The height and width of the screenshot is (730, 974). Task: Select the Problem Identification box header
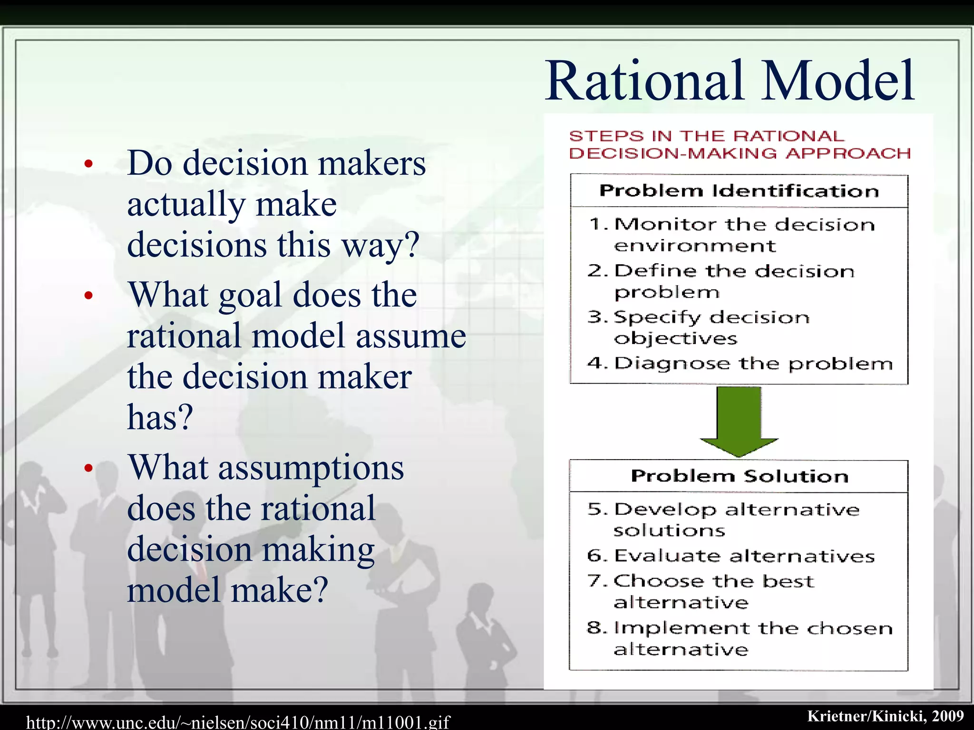(x=739, y=191)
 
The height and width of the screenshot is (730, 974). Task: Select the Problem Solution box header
(x=739, y=476)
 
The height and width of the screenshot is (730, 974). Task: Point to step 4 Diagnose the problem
(x=740, y=364)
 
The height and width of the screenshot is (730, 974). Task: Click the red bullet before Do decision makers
(x=88, y=164)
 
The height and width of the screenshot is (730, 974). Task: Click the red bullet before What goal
(x=88, y=296)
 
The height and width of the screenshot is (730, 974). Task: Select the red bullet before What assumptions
(x=88, y=468)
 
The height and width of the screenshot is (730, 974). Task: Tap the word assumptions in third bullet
(x=311, y=468)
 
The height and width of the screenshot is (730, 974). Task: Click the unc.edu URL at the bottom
(x=238, y=722)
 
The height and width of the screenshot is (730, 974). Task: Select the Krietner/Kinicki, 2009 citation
(x=885, y=716)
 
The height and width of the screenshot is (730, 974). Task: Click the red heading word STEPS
(x=606, y=136)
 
